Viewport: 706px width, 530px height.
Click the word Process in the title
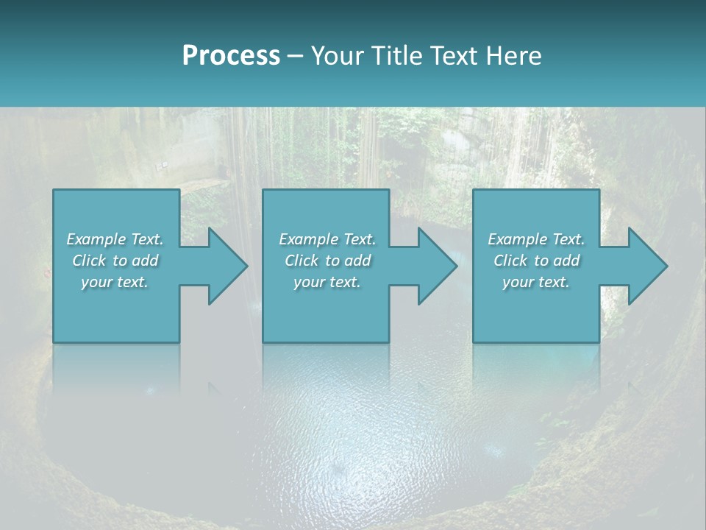(x=231, y=56)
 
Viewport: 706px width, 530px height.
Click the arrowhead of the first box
(x=224, y=266)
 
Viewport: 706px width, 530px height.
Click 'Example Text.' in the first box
(x=115, y=239)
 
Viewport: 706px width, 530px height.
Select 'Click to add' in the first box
(x=115, y=261)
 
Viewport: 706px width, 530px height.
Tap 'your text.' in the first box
(x=115, y=282)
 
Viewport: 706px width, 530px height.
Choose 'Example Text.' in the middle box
(x=327, y=239)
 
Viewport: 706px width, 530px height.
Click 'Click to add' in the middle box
(x=327, y=261)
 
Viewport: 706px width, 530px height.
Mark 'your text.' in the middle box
(x=327, y=282)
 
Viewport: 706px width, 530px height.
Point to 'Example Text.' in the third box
(x=536, y=239)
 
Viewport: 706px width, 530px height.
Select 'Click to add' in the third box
(x=536, y=261)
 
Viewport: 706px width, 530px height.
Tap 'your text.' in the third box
(x=536, y=282)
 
